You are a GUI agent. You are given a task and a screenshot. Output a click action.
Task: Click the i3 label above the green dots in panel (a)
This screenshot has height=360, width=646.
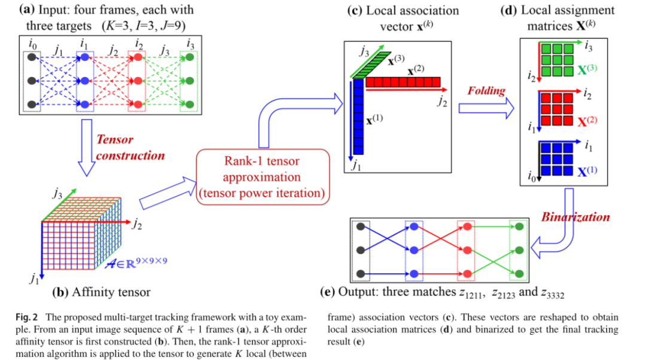tap(190, 44)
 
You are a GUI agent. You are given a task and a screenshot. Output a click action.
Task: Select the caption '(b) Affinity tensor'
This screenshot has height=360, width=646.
tap(102, 292)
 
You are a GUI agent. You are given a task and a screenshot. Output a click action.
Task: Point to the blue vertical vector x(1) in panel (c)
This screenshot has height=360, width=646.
tap(358, 117)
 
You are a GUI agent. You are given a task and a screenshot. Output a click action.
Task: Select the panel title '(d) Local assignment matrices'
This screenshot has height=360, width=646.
tap(568, 17)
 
